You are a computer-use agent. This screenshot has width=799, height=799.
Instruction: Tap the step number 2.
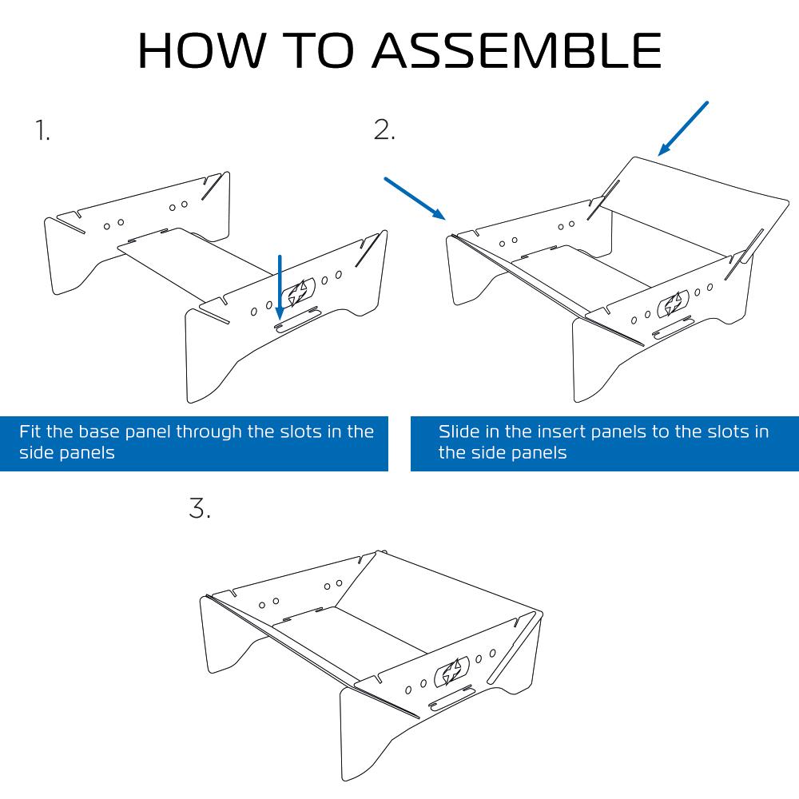pos(384,129)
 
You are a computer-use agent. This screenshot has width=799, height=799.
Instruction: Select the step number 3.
pos(199,508)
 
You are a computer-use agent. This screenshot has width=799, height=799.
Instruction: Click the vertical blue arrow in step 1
pos(279,287)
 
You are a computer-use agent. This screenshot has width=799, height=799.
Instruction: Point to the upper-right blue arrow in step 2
pos(683,129)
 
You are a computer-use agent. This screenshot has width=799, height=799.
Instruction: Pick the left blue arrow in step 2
pos(415,199)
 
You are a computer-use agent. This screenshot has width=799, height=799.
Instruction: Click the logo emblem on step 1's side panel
pos(298,292)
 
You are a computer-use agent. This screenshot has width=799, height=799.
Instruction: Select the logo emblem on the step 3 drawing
pos(451,671)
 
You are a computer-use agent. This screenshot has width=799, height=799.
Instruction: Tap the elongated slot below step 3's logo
pos(451,698)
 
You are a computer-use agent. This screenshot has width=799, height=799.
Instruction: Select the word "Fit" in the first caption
pos(30,431)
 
